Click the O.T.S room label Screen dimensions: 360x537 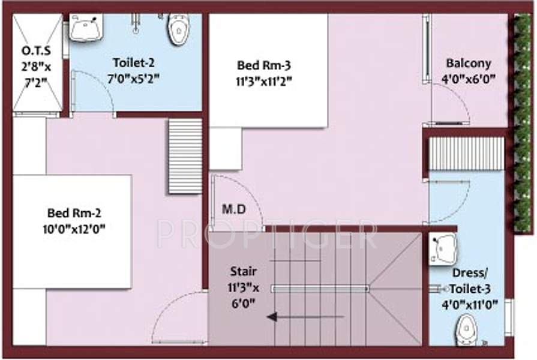37,49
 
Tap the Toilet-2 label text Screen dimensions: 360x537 136,62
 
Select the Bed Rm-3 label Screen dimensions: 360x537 264,65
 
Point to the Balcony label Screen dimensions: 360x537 468,63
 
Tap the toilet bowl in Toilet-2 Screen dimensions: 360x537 178,29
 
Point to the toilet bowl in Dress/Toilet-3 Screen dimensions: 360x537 465,329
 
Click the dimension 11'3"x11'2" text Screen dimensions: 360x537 264,82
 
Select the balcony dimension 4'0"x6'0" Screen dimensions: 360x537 468,79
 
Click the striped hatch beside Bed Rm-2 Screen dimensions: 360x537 185,156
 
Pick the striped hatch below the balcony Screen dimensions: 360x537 466,153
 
